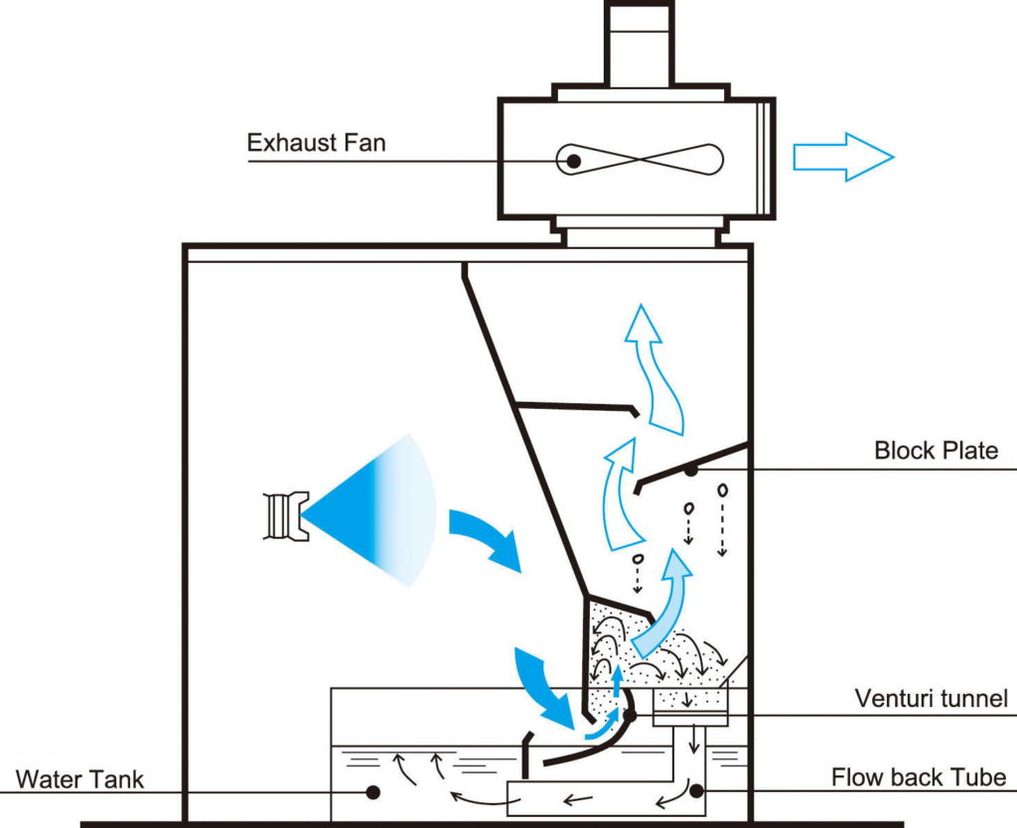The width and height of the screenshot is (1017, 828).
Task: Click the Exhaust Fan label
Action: click(x=316, y=142)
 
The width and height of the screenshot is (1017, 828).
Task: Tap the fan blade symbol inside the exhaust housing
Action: click(x=639, y=159)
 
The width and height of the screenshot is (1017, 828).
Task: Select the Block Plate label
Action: click(x=936, y=450)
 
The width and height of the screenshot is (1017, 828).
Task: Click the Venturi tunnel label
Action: click(x=931, y=698)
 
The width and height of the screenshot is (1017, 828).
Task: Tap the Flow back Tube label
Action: click(x=919, y=776)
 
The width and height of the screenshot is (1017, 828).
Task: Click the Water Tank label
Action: click(x=79, y=778)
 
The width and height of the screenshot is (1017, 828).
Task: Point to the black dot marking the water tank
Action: click(x=373, y=791)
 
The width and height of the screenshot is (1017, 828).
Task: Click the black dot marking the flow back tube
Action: click(x=696, y=790)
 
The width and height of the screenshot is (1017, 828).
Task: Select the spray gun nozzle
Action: click(x=285, y=516)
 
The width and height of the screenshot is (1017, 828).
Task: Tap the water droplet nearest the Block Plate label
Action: click(x=722, y=489)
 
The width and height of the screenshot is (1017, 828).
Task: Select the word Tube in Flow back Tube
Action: click(x=979, y=776)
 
